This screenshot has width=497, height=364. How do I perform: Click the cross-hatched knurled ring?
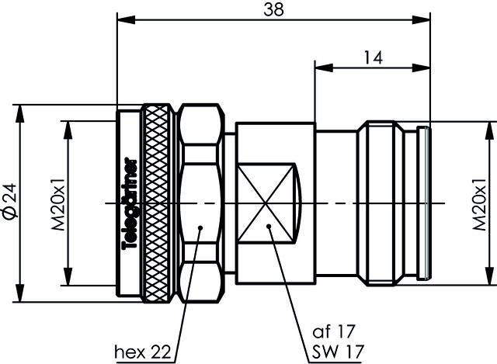pos(158,202)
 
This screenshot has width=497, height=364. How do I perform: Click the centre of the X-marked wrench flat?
pos(266,202)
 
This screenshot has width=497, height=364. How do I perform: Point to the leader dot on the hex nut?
pos(200,228)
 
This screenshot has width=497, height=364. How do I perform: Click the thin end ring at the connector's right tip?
pos(424,202)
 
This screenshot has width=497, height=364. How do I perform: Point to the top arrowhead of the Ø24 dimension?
pos(19,108)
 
